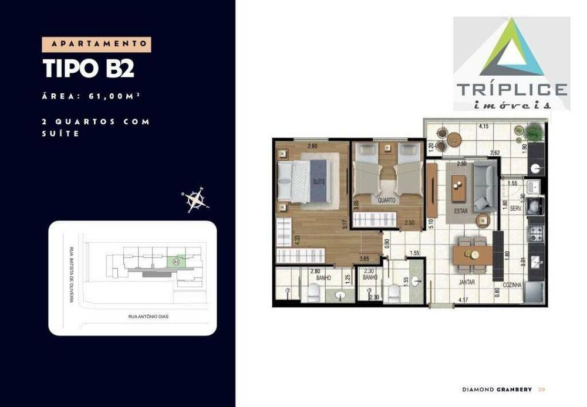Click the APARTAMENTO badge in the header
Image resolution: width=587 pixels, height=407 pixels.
pos(97,44)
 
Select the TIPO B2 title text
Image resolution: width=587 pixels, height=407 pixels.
pos(89,68)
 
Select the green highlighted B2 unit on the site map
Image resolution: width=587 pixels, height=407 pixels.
pos(176,263)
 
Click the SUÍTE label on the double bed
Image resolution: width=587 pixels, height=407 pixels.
pos(319,182)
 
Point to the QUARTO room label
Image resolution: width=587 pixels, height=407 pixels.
pos(387,200)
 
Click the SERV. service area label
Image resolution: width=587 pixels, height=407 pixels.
pos(517,208)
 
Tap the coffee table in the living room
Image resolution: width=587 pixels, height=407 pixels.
pos(456,186)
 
